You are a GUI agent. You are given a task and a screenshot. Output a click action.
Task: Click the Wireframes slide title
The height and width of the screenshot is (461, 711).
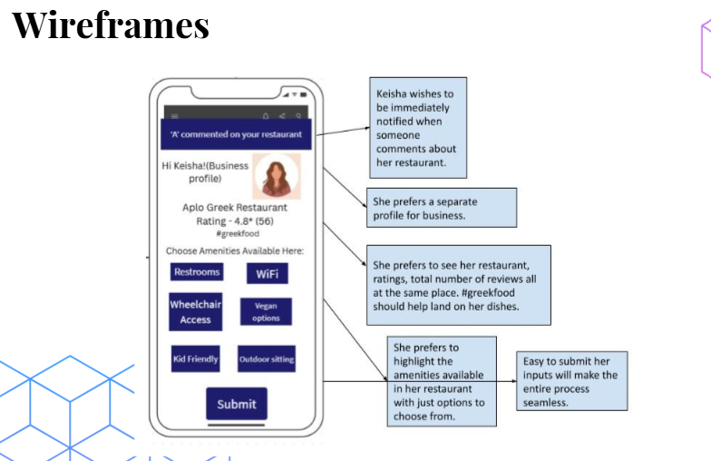pos(111,25)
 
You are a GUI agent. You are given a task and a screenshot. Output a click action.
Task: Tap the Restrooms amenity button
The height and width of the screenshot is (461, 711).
pos(197,272)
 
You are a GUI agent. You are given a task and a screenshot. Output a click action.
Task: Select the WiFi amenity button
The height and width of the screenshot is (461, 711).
pos(267,274)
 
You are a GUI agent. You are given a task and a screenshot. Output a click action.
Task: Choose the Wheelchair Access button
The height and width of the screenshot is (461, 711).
pos(196,312)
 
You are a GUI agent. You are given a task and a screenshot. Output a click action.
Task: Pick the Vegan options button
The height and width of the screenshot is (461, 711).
pos(266,312)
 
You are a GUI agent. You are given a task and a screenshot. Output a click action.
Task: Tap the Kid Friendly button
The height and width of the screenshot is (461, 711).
pos(196,359)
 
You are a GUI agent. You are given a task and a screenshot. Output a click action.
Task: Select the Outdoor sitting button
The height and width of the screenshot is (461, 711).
pos(267,359)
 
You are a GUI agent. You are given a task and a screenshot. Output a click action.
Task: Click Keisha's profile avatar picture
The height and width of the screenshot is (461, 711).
pos(276,176)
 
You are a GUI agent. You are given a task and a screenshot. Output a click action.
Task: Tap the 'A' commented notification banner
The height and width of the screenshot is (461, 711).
pos(236,134)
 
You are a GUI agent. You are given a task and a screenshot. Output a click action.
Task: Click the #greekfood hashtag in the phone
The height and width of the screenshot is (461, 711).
pos(237,234)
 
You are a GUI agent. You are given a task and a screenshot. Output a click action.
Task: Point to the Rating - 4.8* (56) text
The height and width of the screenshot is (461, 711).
pos(236,221)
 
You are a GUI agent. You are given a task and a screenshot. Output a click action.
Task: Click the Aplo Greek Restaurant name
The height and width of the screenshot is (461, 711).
pos(236,208)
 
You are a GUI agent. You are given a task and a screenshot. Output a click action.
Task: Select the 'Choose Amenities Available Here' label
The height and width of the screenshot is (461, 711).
pos(235,250)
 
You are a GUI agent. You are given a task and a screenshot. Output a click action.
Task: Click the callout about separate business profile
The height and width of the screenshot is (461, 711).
pos(442,208)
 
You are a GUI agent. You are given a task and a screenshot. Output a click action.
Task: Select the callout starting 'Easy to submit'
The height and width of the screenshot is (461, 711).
pos(570,381)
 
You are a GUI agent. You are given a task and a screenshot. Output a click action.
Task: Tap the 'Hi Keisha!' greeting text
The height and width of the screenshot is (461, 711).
pos(205,172)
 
